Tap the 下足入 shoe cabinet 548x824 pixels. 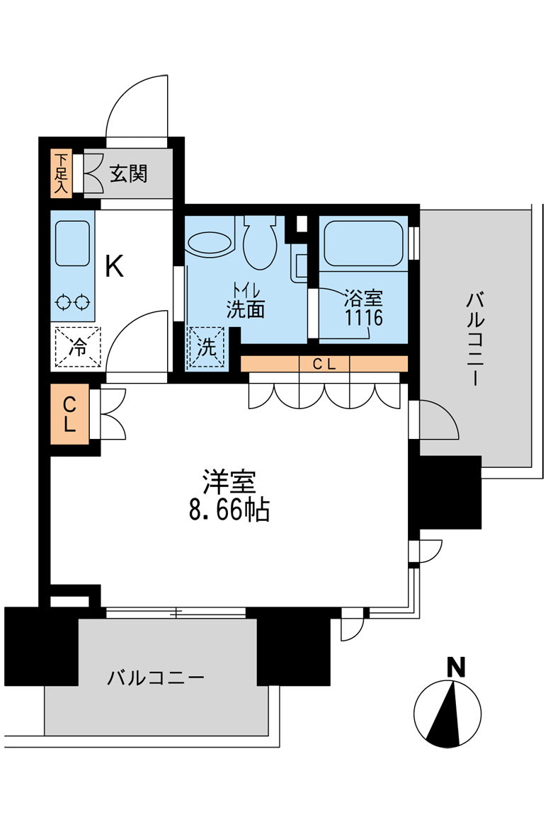(62, 173)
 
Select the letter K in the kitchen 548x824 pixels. (114, 266)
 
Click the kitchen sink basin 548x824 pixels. (72, 244)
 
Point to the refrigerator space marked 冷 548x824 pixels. (78, 347)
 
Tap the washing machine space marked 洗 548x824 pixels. (207, 347)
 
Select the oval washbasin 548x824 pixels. (209, 244)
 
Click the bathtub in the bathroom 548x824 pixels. (363, 244)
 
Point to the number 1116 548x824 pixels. (364, 317)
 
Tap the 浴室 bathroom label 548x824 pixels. (364, 299)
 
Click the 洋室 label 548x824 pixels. (229, 482)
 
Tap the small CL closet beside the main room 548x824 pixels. (70, 414)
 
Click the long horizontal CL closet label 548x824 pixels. (324, 364)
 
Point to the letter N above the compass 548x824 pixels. (455, 667)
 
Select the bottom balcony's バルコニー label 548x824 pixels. (156, 678)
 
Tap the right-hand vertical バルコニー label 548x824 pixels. (475, 340)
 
